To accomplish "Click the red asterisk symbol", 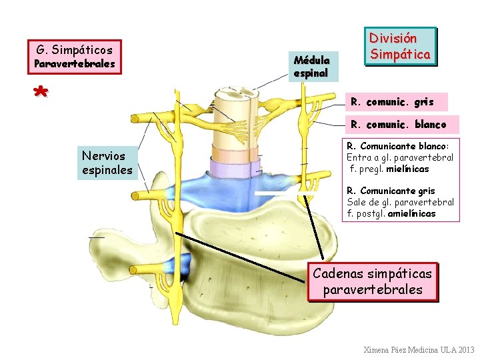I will (x=41, y=92).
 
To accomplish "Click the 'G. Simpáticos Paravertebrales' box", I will (x=75, y=56).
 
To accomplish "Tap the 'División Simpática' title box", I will (x=400, y=46).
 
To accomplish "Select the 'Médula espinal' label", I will (x=311, y=66).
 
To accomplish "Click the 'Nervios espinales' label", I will (x=107, y=163).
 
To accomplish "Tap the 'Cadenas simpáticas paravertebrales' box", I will (x=372, y=281).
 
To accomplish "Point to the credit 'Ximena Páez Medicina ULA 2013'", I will (x=419, y=349).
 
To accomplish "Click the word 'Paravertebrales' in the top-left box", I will (x=75, y=64).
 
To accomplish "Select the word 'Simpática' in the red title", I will (x=400, y=53).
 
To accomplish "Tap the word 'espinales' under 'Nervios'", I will (x=107, y=170).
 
